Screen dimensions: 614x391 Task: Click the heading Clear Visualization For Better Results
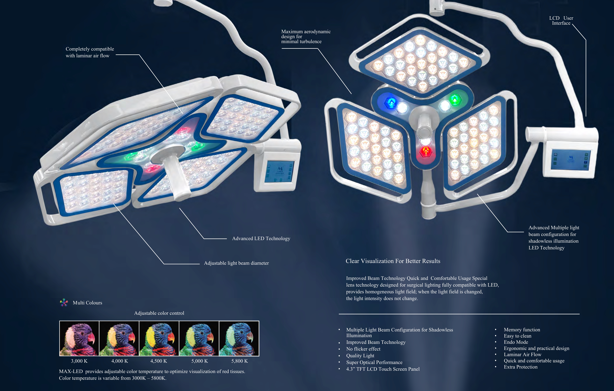click(x=393, y=261)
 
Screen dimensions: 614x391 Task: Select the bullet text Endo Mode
click(x=516, y=342)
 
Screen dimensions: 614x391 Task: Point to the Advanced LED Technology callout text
click(x=261, y=239)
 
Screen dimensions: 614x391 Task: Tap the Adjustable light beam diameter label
click(x=236, y=263)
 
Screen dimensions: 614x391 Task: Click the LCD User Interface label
click(x=561, y=20)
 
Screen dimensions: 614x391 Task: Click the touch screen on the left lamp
click(x=279, y=172)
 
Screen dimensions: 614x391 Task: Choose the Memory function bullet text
click(x=522, y=330)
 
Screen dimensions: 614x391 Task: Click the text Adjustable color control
click(x=159, y=313)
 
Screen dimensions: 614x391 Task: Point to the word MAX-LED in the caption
click(x=71, y=371)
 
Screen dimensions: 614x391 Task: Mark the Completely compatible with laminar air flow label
click(x=90, y=52)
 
